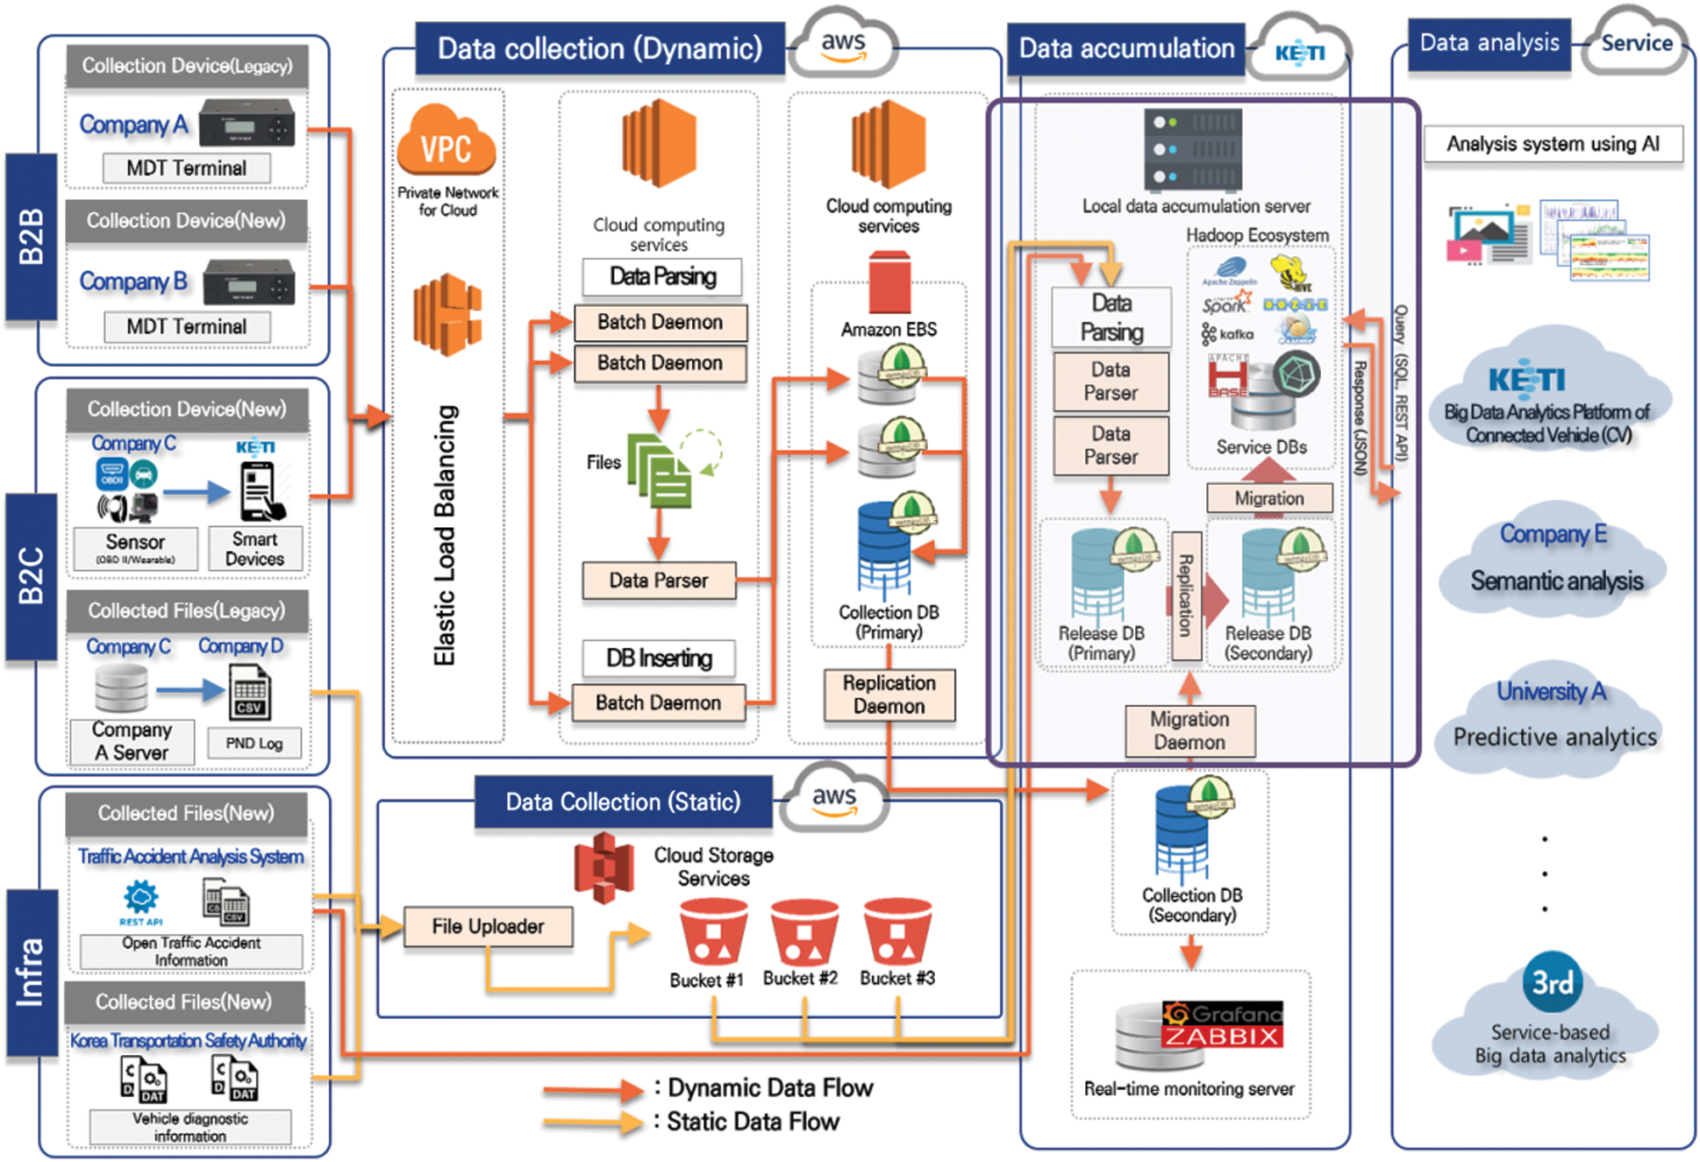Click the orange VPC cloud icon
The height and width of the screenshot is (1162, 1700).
[446, 142]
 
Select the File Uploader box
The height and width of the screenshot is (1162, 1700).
[488, 927]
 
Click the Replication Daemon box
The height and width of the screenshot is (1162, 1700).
[889, 695]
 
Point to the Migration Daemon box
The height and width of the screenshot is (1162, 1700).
[1189, 731]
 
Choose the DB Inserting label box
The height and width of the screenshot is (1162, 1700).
[660, 658]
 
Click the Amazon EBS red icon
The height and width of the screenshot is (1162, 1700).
[889, 282]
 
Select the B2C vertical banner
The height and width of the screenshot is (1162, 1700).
[31, 575]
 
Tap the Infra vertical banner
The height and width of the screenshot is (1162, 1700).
[31, 972]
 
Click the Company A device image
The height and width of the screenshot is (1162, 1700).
[246, 122]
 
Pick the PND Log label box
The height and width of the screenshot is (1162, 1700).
[254, 744]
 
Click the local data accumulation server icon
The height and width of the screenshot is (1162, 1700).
[1193, 150]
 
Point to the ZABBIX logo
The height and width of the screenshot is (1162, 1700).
[1222, 1037]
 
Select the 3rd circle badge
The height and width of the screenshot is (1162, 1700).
[1552, 982]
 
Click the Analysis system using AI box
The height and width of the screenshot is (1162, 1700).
[1553, 144]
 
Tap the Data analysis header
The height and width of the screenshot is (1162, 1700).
[1489, 43]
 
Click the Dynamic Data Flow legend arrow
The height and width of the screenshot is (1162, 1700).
[593, 1090]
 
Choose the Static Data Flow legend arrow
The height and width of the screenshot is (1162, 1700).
[593, 1123]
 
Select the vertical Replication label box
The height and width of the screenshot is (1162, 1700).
[1185, 596]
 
